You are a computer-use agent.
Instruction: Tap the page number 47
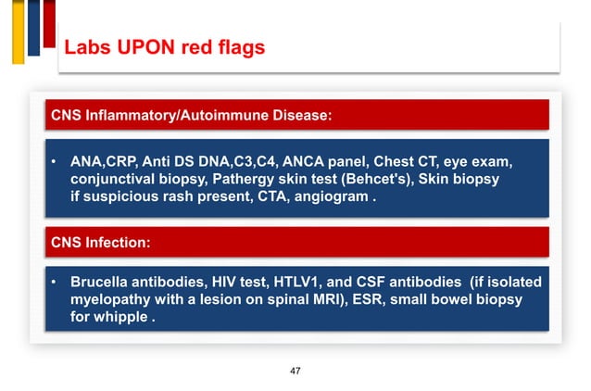295,371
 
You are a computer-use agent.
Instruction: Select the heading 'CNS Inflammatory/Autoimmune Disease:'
192,116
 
